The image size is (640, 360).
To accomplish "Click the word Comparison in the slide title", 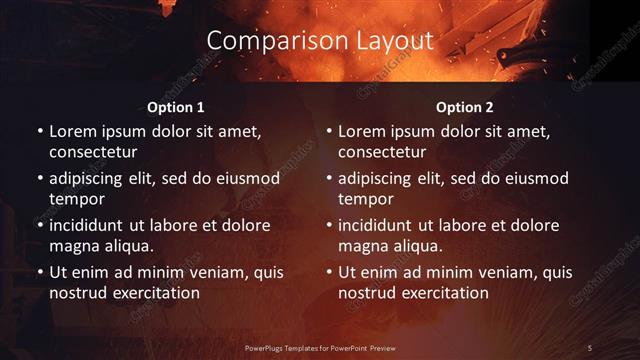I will [266, 41].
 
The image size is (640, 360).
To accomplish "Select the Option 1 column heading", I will [176, 107].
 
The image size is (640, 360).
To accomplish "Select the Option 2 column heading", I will [465, 107].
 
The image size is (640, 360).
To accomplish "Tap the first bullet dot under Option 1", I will [39, 132].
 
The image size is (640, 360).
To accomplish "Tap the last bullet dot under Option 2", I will [328, 273].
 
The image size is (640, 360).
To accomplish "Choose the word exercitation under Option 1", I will [150, 293].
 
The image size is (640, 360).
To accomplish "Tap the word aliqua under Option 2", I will [417, 246].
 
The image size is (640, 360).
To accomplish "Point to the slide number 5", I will [590, 347].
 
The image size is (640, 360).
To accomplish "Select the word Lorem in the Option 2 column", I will [361, 132].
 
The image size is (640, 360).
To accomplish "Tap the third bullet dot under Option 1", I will [39, 226].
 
